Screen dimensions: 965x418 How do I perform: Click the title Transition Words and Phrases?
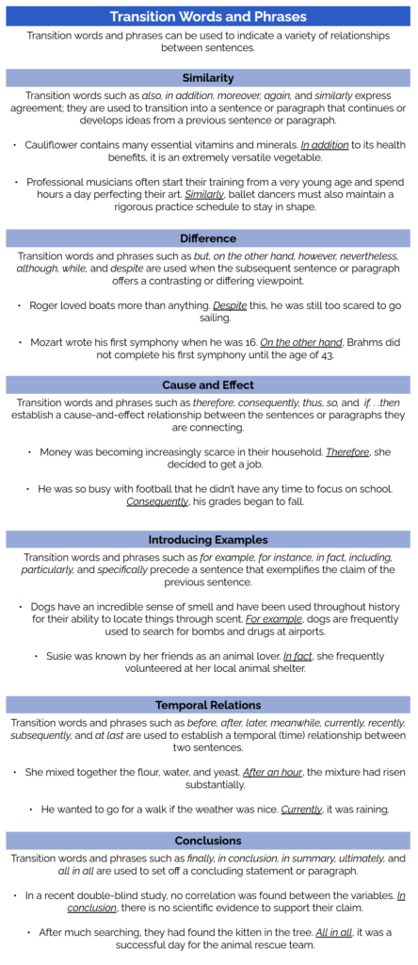pyautogui.click(x=208, y=16)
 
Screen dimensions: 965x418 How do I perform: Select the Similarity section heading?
pyautogui.click(x=208, y=77)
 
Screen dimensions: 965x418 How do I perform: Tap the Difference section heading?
pyautogui.click(x=208, y=238)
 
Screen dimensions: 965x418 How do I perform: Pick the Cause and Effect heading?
pyautogui.click(x=208, y=384)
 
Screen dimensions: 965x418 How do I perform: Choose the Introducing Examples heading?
pyautogui.click(x=208, y=540)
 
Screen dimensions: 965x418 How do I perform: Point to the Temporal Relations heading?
pyautogui.click(x=208, y=705)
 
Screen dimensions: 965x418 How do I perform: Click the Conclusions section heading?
pyautogui.click(x=208, y=840)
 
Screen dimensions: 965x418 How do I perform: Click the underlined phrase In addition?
pyautogui.click(x=326, y=146)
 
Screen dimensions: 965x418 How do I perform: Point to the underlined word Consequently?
pyautogui.click(x=156, y=500)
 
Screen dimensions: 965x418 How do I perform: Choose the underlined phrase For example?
pyautogui.click(x=269, y=621)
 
